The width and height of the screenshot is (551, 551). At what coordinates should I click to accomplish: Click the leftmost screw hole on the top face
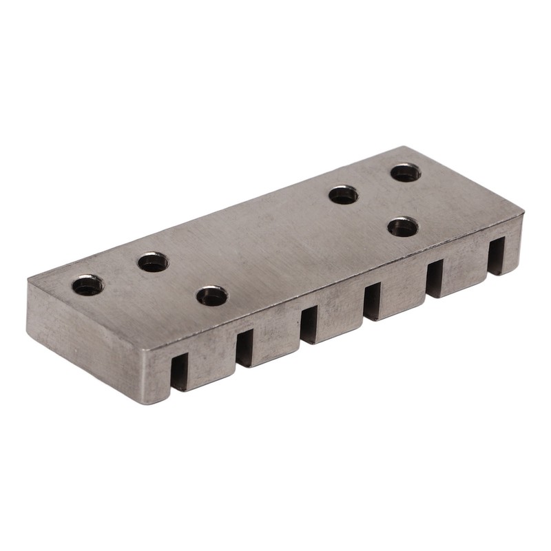87,284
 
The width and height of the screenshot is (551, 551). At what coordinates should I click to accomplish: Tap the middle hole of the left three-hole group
153,262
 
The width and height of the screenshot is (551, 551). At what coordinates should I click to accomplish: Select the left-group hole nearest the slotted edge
211,296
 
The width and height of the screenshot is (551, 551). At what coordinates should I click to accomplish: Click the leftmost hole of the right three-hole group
343,195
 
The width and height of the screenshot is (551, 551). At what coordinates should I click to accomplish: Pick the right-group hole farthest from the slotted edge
406,172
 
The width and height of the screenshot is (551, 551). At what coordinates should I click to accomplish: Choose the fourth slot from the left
372,300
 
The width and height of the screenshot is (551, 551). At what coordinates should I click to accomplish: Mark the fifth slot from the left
435,278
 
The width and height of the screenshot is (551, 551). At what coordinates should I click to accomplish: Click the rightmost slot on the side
496,255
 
